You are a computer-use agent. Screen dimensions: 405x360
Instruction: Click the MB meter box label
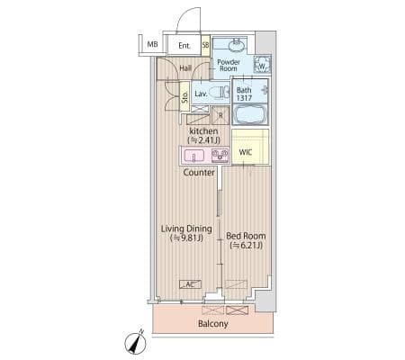pos(152,44)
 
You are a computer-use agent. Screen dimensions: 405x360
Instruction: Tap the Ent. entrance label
pos(184,46)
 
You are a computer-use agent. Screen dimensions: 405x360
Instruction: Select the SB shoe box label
pos(205,45)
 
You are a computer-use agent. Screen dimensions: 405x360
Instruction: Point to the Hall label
pos(185,68)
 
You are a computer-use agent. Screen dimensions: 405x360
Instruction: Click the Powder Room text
pos(229,65)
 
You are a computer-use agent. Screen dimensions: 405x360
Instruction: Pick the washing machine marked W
pos(262,65)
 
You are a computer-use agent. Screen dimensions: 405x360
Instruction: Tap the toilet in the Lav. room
pos(219,93)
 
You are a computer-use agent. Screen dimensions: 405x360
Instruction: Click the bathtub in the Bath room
pos(249,114)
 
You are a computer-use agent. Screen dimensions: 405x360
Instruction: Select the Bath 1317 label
pos(244,94)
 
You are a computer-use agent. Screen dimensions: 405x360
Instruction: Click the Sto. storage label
pos(184,96)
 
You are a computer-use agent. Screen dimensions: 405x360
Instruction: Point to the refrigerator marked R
pos(220,115)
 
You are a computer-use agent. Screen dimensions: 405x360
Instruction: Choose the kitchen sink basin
pos(194,156)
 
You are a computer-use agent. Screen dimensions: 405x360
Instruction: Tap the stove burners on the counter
pos(220,156)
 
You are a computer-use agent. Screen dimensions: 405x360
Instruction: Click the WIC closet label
pos(246,152)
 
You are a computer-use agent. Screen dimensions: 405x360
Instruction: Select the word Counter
pos(199,173)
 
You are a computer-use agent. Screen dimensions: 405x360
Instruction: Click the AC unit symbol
pos(190,284)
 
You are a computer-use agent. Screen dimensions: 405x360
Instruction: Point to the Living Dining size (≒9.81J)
pos(186,238)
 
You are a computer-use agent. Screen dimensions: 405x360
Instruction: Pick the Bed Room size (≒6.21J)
pos(246,246)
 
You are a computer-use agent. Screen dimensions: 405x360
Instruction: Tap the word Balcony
pos(213,324)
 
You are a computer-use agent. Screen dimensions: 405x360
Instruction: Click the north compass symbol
pos(136,342)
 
